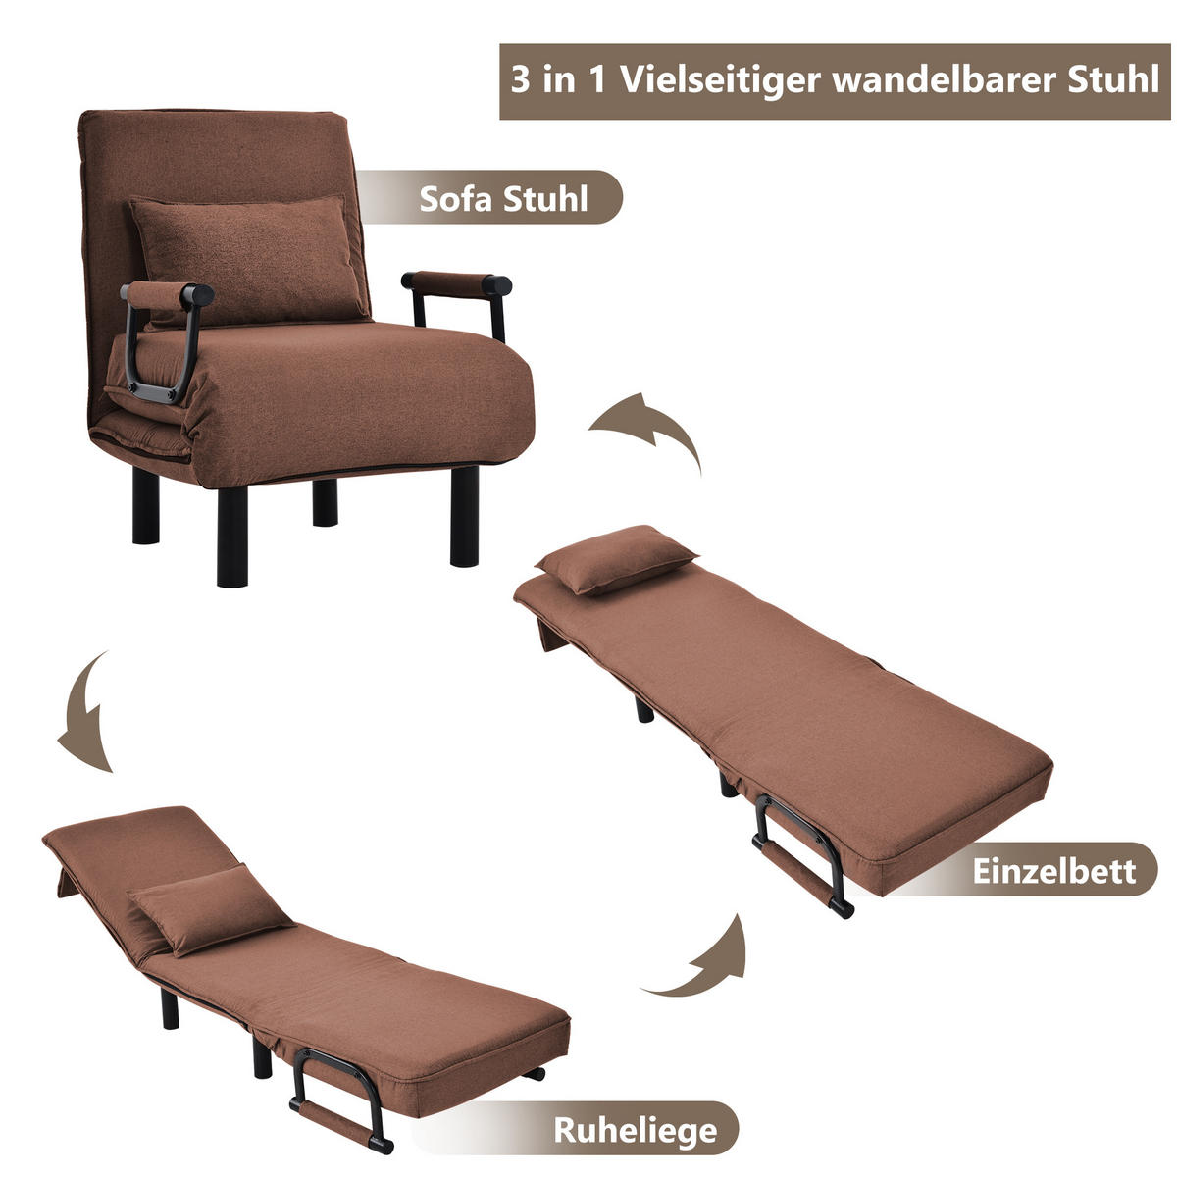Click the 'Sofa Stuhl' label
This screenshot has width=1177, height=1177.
click(x=503, y=198)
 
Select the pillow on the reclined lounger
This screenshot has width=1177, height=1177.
click(x=209, y=907)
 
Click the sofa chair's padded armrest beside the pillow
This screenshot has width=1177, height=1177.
click(x=167, y=294)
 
